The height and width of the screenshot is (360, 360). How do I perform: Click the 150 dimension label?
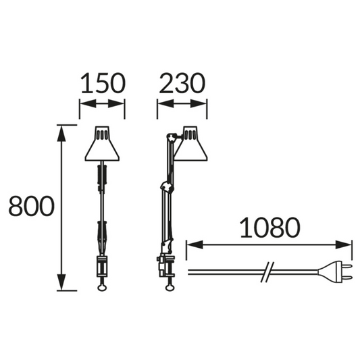103,83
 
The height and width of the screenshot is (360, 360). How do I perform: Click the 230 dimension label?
182,83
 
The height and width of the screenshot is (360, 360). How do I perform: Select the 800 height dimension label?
32,206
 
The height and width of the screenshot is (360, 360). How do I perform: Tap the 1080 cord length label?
270,228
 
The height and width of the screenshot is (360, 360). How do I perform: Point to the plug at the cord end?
335,272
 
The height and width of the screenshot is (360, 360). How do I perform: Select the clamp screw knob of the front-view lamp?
102,288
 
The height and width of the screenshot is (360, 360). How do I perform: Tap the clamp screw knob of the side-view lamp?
170,288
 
